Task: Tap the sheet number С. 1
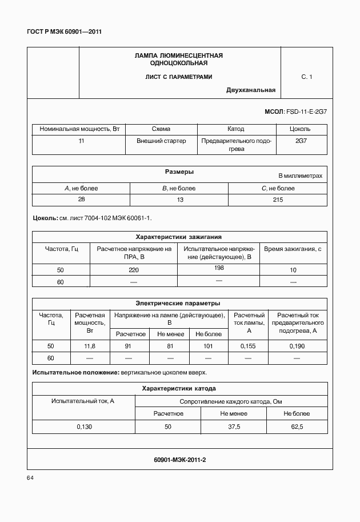coord(307,76)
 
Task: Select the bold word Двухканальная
coord(251,90)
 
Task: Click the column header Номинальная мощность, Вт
coord(79,129)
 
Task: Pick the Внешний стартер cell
coord(161,141)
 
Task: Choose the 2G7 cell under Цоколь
coord(301,141)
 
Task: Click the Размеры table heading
coord(179,172)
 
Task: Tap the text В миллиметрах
coord(301,176)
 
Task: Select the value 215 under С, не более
coord(278,200)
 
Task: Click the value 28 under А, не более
coord(81,200)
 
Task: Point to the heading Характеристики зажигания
coord(178,236)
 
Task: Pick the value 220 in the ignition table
coord(134,270)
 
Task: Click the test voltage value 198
coord(218,268)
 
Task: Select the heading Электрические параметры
coord(178,304)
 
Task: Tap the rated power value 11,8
coord(89,346)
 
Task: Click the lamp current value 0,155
coord(248,346)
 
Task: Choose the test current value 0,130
coord(84,427)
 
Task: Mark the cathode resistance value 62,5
coord(297,427)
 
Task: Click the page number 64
coord(30,477)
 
